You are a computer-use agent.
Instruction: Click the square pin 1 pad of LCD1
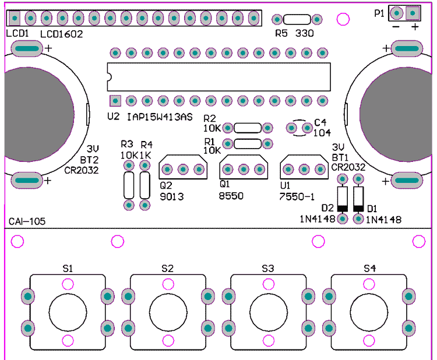pos(15,19)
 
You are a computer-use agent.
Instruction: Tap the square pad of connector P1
pos(413,13)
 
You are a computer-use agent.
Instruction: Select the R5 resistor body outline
pos(297,19)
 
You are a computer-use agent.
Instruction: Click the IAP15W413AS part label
pos(160,117)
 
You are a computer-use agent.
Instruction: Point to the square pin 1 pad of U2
pos(115,101)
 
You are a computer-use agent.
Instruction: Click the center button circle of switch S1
pos(68,312)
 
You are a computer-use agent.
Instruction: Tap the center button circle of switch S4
pos(369,312)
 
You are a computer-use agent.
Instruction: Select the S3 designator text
pos(268,269)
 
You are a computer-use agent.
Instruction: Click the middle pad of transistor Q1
pos(244,169)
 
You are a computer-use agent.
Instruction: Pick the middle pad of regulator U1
pos(304,169)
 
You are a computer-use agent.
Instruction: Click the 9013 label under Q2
pos(172,197)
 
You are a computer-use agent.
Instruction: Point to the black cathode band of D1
pos(358,209)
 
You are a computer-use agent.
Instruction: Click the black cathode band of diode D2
pos(343,209)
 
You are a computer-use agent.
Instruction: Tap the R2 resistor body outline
pos(248,128)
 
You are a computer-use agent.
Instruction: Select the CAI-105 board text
pos(27,221)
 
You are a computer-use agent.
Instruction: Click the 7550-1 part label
pos(297,197)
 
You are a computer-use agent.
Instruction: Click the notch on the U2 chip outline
pos(110,77)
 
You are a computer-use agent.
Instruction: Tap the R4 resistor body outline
pos(145,185)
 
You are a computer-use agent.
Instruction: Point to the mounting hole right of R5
pos(343,19)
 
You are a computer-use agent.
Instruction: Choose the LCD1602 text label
pos(62,34)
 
